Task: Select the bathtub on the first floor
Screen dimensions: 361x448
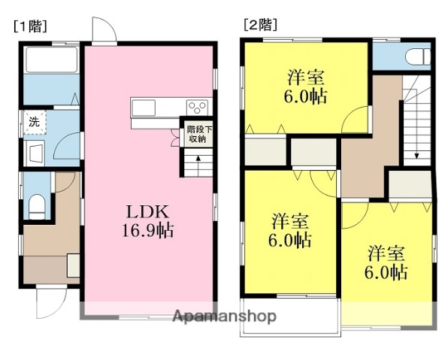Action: (x=50, y=60)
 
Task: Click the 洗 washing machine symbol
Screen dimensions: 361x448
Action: (x=34, y=121)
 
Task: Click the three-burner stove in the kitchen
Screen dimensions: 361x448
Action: (x=198, y=107)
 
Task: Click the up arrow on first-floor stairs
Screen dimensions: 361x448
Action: (x=197, y=160)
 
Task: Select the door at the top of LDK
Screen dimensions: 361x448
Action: (x=104, y=30)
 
